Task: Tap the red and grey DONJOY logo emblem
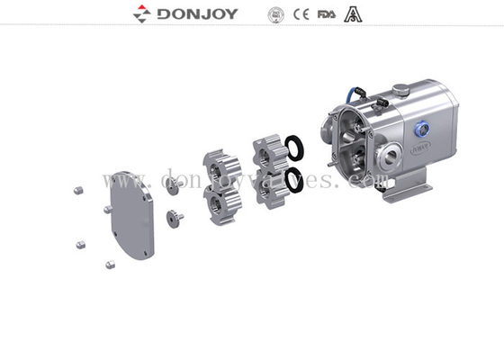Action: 141,14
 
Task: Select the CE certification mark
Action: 306,14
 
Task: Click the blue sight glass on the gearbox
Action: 419,132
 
